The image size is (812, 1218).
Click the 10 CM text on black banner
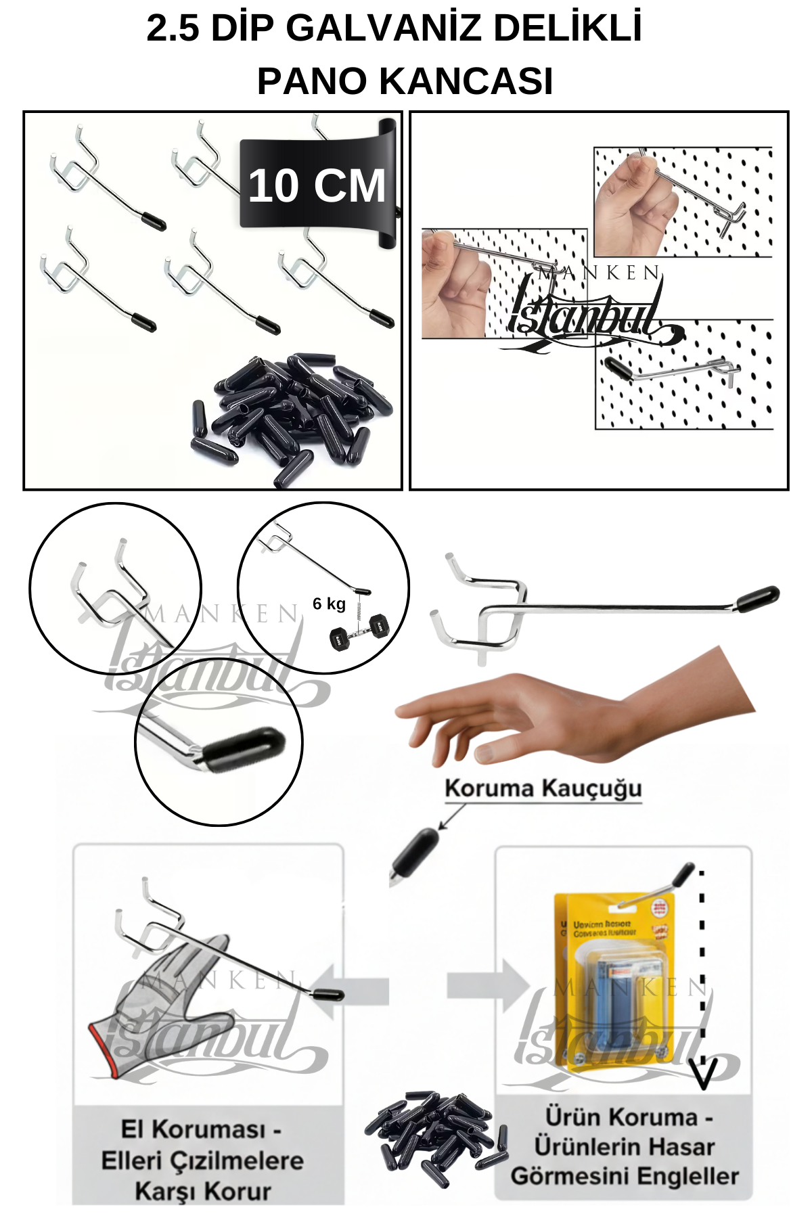pyautogui.click(x=317, y=186)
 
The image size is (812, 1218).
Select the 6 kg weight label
pyautogui.click(x=329, y=604)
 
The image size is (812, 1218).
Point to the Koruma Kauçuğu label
pyautogui.click(x=543, y=789)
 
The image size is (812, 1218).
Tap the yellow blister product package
pyautogui.click(x=612, y=981)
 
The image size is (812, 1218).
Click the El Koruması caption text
pyautogui.click(x=203, y=1160)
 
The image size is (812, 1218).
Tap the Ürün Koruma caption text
pyautogui.click(x=624, y=1146)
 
